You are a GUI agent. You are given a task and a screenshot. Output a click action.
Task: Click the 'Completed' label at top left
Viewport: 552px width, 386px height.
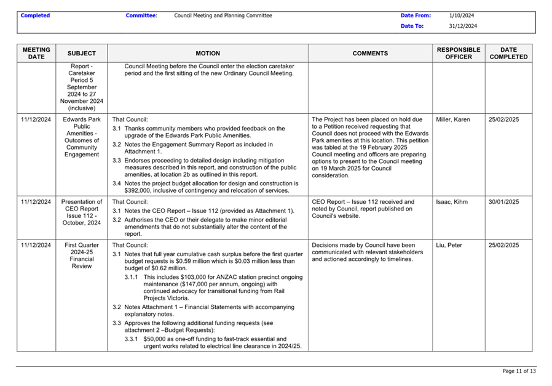(x=35, y=16)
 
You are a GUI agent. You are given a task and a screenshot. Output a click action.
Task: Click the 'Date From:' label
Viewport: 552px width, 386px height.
(x=416, y=16)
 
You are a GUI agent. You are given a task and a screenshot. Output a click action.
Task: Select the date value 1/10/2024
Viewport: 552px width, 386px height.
(x=462, y=16)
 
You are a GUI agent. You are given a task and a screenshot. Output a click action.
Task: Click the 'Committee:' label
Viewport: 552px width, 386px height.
(x=141, y=16)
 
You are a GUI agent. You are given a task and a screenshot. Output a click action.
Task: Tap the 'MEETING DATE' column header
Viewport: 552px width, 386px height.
(x=36, y=53)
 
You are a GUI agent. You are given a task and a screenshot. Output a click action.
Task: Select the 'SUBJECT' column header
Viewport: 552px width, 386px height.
(x=82, y=54)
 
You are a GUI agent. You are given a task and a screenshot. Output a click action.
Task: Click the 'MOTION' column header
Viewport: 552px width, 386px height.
(x=208, y=54)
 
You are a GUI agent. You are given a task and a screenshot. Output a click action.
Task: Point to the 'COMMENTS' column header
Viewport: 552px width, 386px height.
(x=370, y=54)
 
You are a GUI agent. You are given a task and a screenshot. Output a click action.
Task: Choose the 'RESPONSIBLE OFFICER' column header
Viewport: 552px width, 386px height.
(x=459, y=53)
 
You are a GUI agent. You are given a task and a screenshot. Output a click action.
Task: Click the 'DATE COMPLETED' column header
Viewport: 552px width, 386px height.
(x=508, y=53)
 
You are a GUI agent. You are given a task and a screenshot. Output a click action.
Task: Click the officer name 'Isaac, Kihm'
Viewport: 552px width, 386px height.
(x=452, y=201)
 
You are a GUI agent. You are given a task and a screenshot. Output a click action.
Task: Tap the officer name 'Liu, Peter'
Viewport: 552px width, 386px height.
(x=449, y=245)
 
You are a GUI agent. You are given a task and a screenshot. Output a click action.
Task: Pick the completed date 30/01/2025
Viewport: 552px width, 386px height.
(x=504, y=201)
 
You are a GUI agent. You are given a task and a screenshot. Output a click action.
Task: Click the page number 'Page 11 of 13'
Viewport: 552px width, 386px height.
(x=519, y=371)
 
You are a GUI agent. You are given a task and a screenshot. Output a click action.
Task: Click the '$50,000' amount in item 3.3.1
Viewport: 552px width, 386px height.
(x=155, y=339)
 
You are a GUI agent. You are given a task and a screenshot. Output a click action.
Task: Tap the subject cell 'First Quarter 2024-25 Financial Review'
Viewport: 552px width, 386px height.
(x=82, y=255)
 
